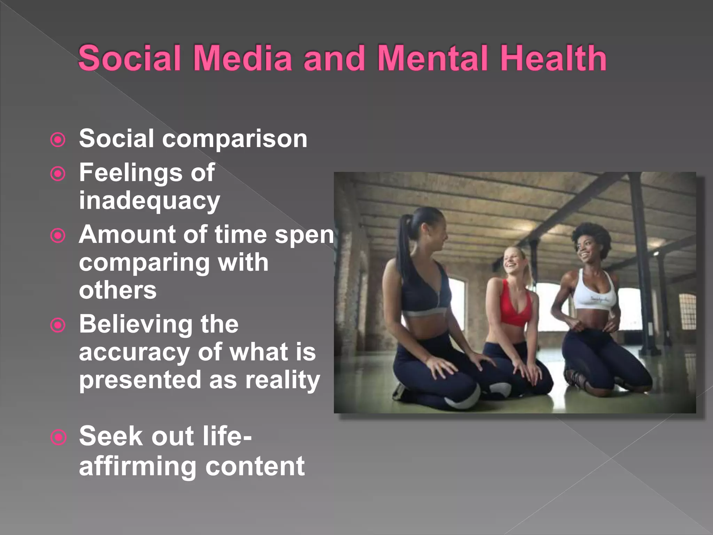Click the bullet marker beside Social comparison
(58, 140)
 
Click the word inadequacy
(149, 201)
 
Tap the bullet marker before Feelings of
(58, 174)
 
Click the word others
(118, 290)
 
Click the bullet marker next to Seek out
(58, 437)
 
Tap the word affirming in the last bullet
(138, 466)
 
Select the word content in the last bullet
(255, 466)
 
